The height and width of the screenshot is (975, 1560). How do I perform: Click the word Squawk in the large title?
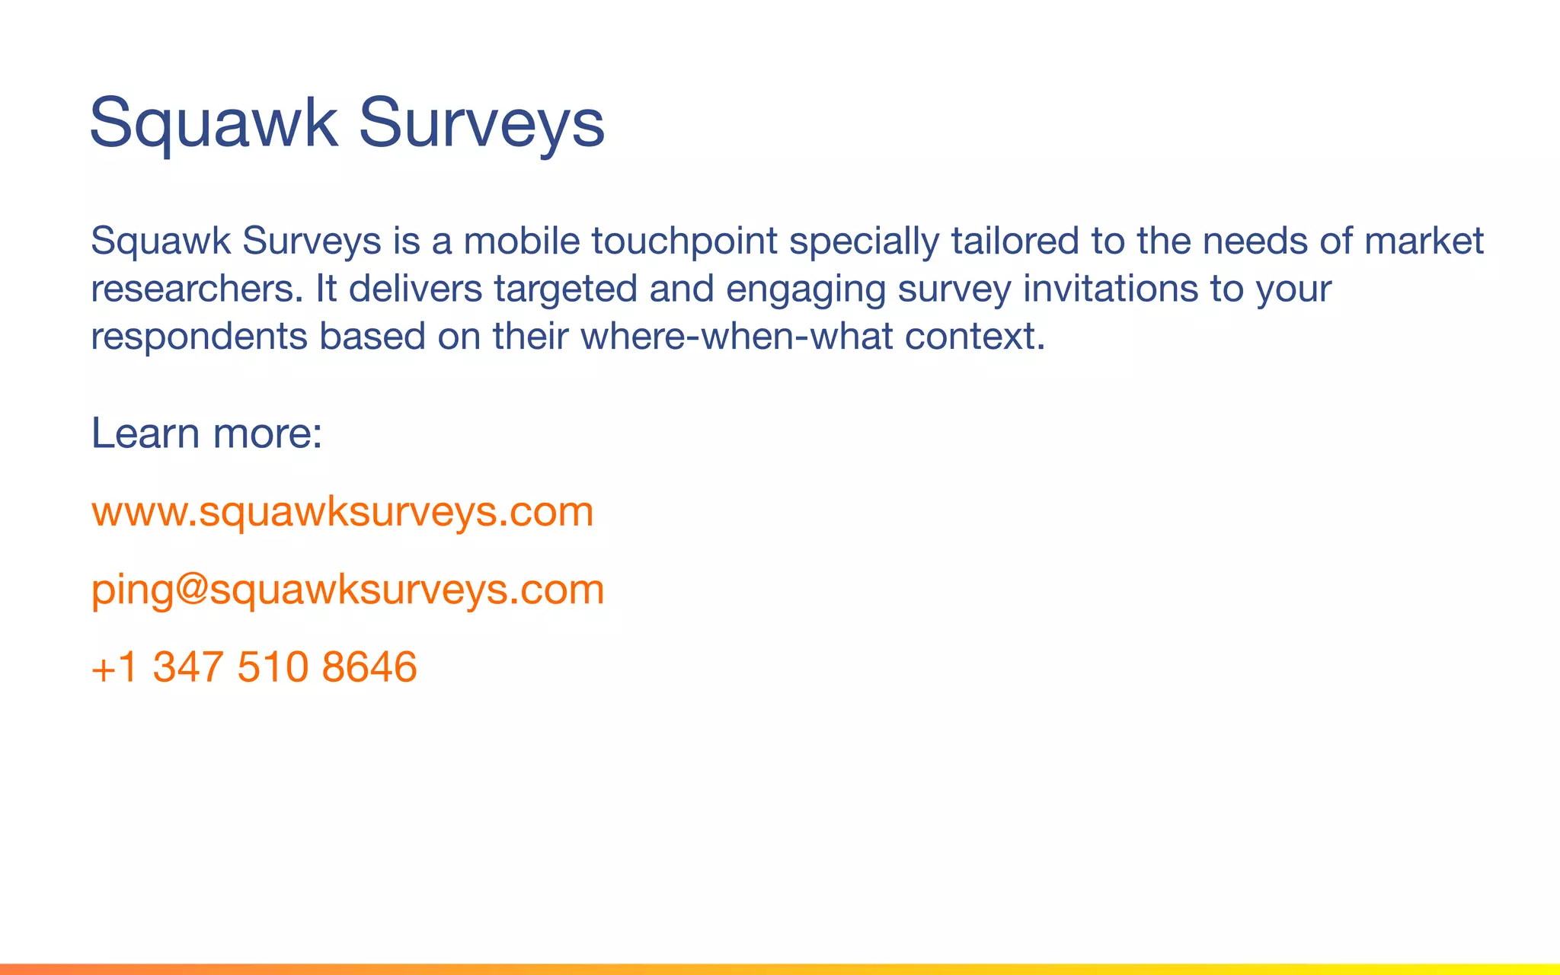click(x=213, y=123)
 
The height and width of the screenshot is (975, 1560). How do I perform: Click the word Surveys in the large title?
click(x=481, y=123)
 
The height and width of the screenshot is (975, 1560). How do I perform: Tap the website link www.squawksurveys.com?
click(x=342, y=511)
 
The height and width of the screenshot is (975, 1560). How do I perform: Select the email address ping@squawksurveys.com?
click(x=347, y=589)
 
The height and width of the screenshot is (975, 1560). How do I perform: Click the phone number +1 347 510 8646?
click(x=254, y=667)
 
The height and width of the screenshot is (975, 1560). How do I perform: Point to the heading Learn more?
click(x=206, y=433)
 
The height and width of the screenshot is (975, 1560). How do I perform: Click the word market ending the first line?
click(x=1424, y=241)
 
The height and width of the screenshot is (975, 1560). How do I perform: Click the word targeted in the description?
click(x=565, y=289)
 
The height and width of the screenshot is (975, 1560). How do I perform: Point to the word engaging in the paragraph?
click(x=805, y=289)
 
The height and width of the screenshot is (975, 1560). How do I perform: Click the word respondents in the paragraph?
click(x=199, y=337)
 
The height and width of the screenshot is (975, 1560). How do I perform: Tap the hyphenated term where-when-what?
click(x=737, y=337)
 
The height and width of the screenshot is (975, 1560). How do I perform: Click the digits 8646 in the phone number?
click(x=369, y=667)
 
